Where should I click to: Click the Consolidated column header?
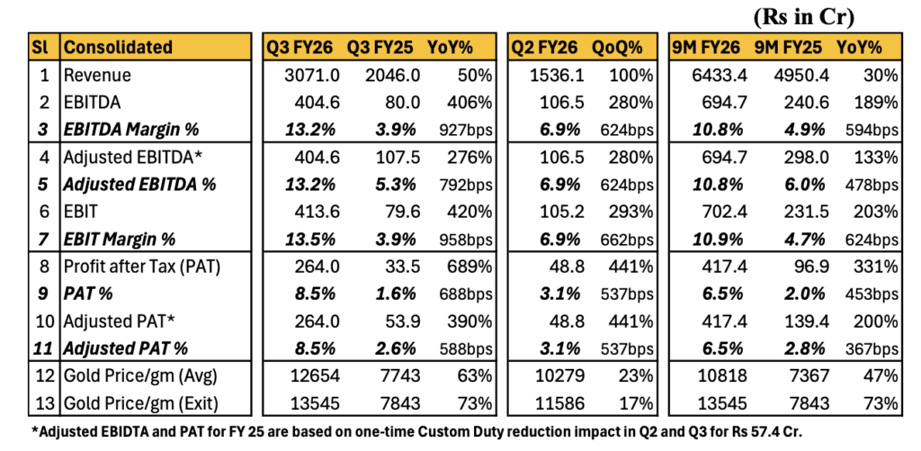tap(119, 47)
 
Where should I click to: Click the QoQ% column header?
tap(621, 47)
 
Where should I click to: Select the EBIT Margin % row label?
tap(119, 239)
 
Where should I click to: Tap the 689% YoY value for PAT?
tap(472, 266)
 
